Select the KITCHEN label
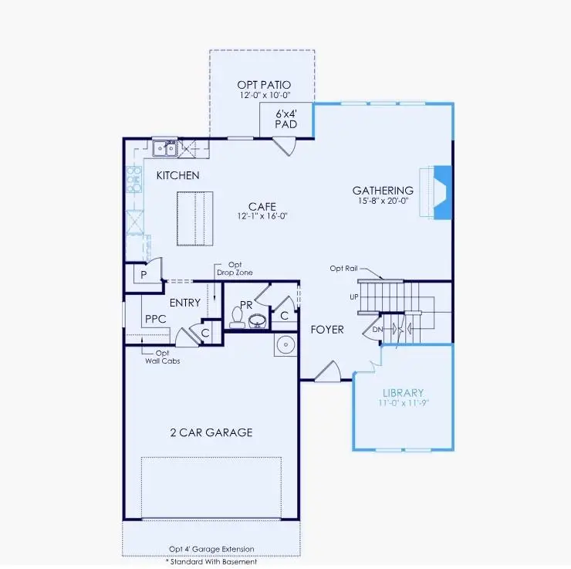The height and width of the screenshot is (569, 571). (177, 175)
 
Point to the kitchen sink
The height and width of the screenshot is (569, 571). (164, 147)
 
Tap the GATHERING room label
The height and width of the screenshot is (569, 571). (383, 191)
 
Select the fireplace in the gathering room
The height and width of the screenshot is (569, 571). (441, 193)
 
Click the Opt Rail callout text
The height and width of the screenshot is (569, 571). (343, 268)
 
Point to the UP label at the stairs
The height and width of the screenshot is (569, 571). (354, 296)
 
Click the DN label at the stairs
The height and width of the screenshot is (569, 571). (377, 329)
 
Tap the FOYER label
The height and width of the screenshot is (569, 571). (327, 330)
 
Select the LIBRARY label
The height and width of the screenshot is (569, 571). (403, 392)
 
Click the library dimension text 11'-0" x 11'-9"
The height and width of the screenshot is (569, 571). (403, 403)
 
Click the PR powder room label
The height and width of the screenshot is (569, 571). (246, 305)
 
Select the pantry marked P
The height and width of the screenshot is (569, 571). (144, 275)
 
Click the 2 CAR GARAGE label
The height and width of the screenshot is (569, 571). (211, 432)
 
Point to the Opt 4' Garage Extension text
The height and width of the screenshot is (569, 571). (211, 549)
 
